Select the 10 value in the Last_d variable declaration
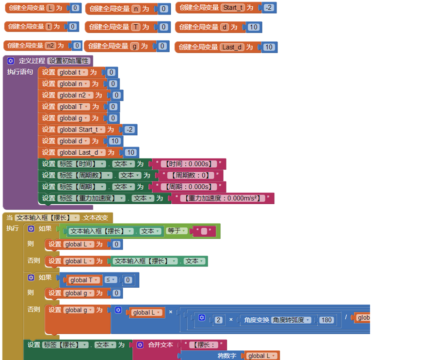click(269, 47)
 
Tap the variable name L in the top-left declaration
click(51, 8)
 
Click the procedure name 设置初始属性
click(68, 61)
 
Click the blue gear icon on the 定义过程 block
click(11, 61)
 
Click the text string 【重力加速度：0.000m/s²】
click(220, 198)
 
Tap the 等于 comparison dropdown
click(177, 231)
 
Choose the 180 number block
click(326, 320)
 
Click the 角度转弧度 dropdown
click(291, 320)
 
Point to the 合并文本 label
click(160, 344)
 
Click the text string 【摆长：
click(206, 344)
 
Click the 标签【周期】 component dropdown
click(81, 187)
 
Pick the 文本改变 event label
click(96, 218)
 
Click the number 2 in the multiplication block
click(219, 320)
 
